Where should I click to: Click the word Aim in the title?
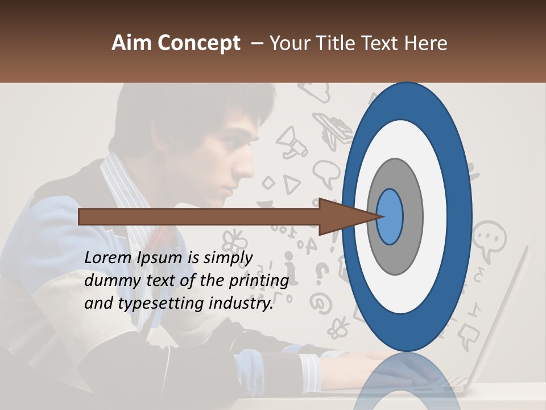point(131,43)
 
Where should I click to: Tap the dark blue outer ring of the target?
point(460,216)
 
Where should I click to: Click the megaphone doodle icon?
point(292,143)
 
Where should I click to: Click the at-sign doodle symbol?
point(320,302)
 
